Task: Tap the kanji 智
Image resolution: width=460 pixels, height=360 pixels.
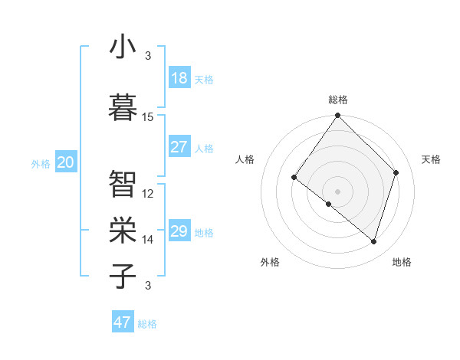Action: point(123,184)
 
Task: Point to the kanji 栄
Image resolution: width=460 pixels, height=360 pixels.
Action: point(123,228)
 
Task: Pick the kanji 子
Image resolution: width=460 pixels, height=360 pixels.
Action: point(123,275)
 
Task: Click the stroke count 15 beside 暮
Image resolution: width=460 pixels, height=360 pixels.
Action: point(148,117)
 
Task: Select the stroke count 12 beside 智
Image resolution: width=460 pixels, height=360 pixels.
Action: point(148,194)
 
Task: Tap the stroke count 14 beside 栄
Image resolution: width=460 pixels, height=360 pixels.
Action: point(148,240)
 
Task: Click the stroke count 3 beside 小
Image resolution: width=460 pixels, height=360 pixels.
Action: point(148,56)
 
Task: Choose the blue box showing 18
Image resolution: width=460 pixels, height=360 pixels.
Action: point(179,78)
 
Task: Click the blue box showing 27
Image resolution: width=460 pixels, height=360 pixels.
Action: point(179,147)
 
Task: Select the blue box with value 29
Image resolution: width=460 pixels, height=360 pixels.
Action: point(179,231)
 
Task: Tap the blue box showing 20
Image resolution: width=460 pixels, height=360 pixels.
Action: point(65,162)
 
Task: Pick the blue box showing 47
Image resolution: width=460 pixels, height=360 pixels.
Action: point(123,322)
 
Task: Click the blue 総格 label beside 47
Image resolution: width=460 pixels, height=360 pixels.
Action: point(147,324)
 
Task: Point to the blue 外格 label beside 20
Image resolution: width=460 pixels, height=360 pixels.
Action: point(41,164)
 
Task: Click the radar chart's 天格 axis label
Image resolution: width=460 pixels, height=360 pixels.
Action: point(431,159)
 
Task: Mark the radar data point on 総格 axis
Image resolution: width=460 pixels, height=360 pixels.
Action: point(337,116)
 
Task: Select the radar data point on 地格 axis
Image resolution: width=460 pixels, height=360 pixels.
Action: point(373,241)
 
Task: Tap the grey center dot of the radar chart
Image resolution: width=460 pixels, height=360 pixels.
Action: point(337,191)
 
